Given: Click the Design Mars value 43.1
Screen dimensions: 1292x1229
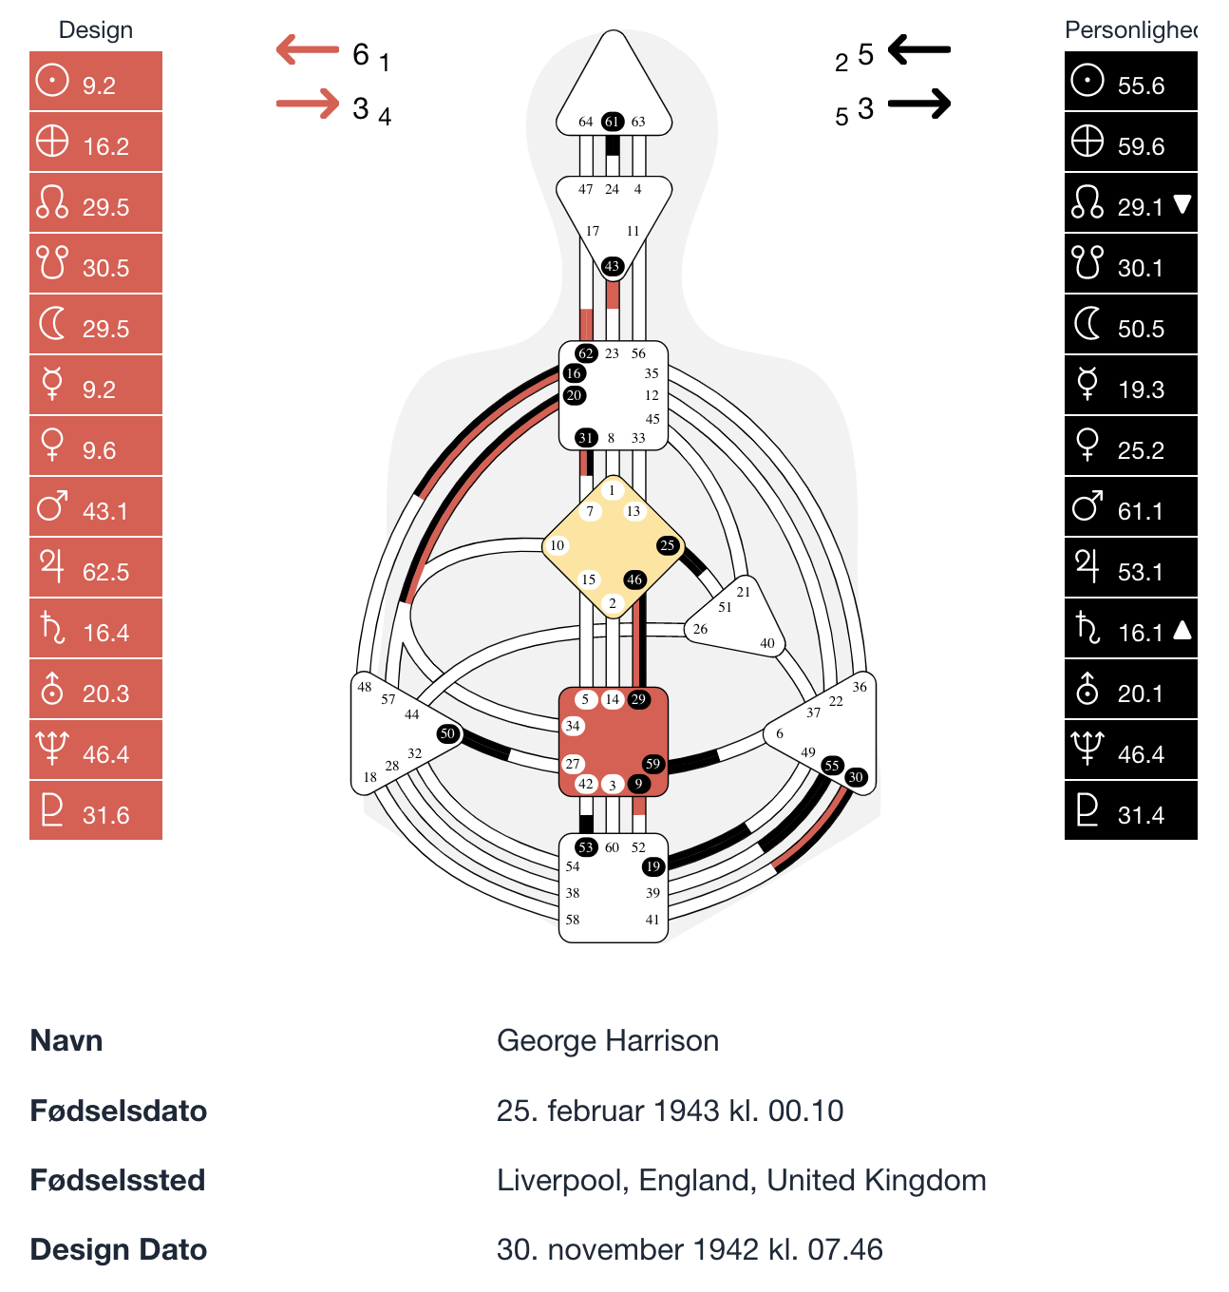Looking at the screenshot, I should (104, 511).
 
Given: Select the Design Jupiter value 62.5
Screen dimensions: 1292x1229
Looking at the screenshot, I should (104, 572).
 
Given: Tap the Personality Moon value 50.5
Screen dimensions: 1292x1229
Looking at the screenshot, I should (1140, 329).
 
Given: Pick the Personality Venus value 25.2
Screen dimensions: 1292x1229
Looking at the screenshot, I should (1140, 450).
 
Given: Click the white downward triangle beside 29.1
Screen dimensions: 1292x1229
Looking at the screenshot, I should (1182, 204).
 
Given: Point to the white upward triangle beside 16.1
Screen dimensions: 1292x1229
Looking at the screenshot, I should (1182, 630).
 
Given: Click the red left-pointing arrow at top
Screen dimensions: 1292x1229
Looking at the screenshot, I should (308, 49).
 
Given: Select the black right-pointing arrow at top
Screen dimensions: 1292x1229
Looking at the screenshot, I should (919, 104).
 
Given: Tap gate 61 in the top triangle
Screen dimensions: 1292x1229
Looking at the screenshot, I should (613, 122).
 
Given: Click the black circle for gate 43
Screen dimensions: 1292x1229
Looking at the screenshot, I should (613, 266).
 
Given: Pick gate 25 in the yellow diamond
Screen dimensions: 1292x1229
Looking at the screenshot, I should (668, 545).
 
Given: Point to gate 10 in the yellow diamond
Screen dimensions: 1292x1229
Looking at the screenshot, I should (558, 545).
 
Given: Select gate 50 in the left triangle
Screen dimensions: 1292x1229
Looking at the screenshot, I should (448, 733).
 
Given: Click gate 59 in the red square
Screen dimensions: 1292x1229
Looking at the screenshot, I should (652, 764).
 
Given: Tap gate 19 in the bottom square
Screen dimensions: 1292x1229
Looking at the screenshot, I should (652, 866).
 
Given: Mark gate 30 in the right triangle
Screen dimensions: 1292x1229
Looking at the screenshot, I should (856, 777).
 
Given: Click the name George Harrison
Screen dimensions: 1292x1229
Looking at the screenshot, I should (608, 1041).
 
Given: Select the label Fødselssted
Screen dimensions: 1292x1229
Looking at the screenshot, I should (118, 1180).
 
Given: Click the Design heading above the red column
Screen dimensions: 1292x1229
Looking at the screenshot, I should (96, 30).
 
